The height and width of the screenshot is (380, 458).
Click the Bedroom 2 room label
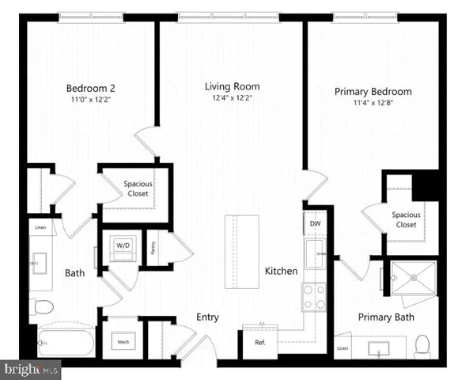pyautogui.click(x=87, y=89)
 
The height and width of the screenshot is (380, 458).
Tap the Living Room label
pyautogui.click(x=232, y=86)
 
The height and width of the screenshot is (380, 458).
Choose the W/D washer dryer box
pyautogui.click(x=124, y=245)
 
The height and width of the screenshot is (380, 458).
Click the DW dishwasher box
pyautogui.click(x=315, y=224)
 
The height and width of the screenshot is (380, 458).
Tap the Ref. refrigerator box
pyautogui.click(x=259, y=342)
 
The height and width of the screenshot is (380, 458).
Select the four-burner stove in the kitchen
pyautogui.click(x=315, y=297)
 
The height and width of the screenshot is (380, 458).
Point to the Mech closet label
pyautogui.click(x=123, y=342)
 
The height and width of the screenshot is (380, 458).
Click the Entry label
pyautogui.click(x=207, y=317)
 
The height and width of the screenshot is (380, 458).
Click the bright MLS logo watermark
pyautogui.click(x=32, y=370)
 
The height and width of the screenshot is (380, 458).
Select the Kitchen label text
pyautogui.click(x=281, y=271)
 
